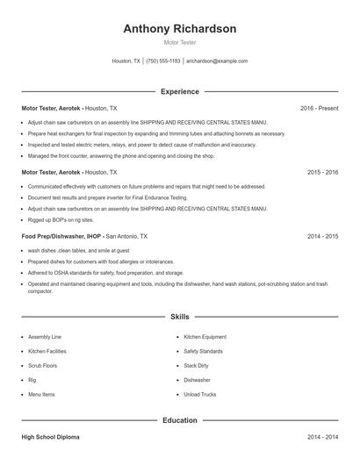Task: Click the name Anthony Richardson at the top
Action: (x=179, y=29)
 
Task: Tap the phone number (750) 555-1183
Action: (x=163, y=61)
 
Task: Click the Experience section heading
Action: (x=179, y=91)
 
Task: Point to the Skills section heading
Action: (x=179, y=316)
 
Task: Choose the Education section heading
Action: (x=179, y=420)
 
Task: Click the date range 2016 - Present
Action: (x=319, y=108)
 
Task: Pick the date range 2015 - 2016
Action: (x=322, y=173)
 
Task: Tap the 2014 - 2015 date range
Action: (x=322, y=237)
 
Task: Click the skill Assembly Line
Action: (x=45, y=337)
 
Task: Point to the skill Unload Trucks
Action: (x=199, y=395)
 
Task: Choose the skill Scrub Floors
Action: (x=42, y=366)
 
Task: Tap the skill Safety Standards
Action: (x=203, y=351)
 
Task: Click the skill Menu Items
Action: (x=41, y=395)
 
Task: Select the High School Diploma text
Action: (x=51, y=437)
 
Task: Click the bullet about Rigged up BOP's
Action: (x=61, y=219)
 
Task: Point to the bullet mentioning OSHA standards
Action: (x=105, y=273)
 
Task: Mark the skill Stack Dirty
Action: (x=196, y=366)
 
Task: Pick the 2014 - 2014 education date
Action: (x=322, y=437)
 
